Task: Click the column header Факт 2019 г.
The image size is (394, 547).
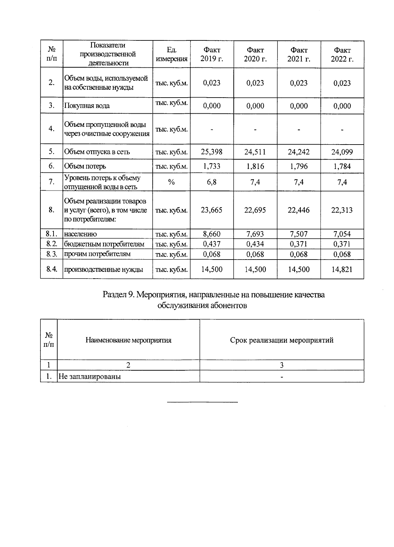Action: coord(212,55)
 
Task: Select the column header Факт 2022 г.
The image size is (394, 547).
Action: coord(342,55)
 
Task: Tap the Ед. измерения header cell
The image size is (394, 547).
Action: coord(171,55)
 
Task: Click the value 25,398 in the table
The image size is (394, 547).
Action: coord(212,152)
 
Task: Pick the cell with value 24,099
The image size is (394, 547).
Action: coord(342,152)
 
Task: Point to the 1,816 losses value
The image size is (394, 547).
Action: coord(255,166)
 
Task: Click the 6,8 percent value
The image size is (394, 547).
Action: coord(212,182)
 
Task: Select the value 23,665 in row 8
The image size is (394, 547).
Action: coord(212,210)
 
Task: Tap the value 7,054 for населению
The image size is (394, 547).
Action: coord(342,234)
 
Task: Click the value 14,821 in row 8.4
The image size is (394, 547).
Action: coord(342,270)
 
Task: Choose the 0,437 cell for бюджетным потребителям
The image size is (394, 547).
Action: coord(212,244)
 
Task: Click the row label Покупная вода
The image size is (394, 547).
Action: coord(87,106)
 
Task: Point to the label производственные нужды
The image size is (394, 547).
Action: coord(103,270)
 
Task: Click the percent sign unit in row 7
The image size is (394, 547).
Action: coord(171,182)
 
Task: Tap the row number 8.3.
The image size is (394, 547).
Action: coord(52,254)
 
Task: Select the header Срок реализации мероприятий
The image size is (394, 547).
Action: coord(282,340)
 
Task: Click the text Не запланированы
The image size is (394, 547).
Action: coord(90,376)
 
